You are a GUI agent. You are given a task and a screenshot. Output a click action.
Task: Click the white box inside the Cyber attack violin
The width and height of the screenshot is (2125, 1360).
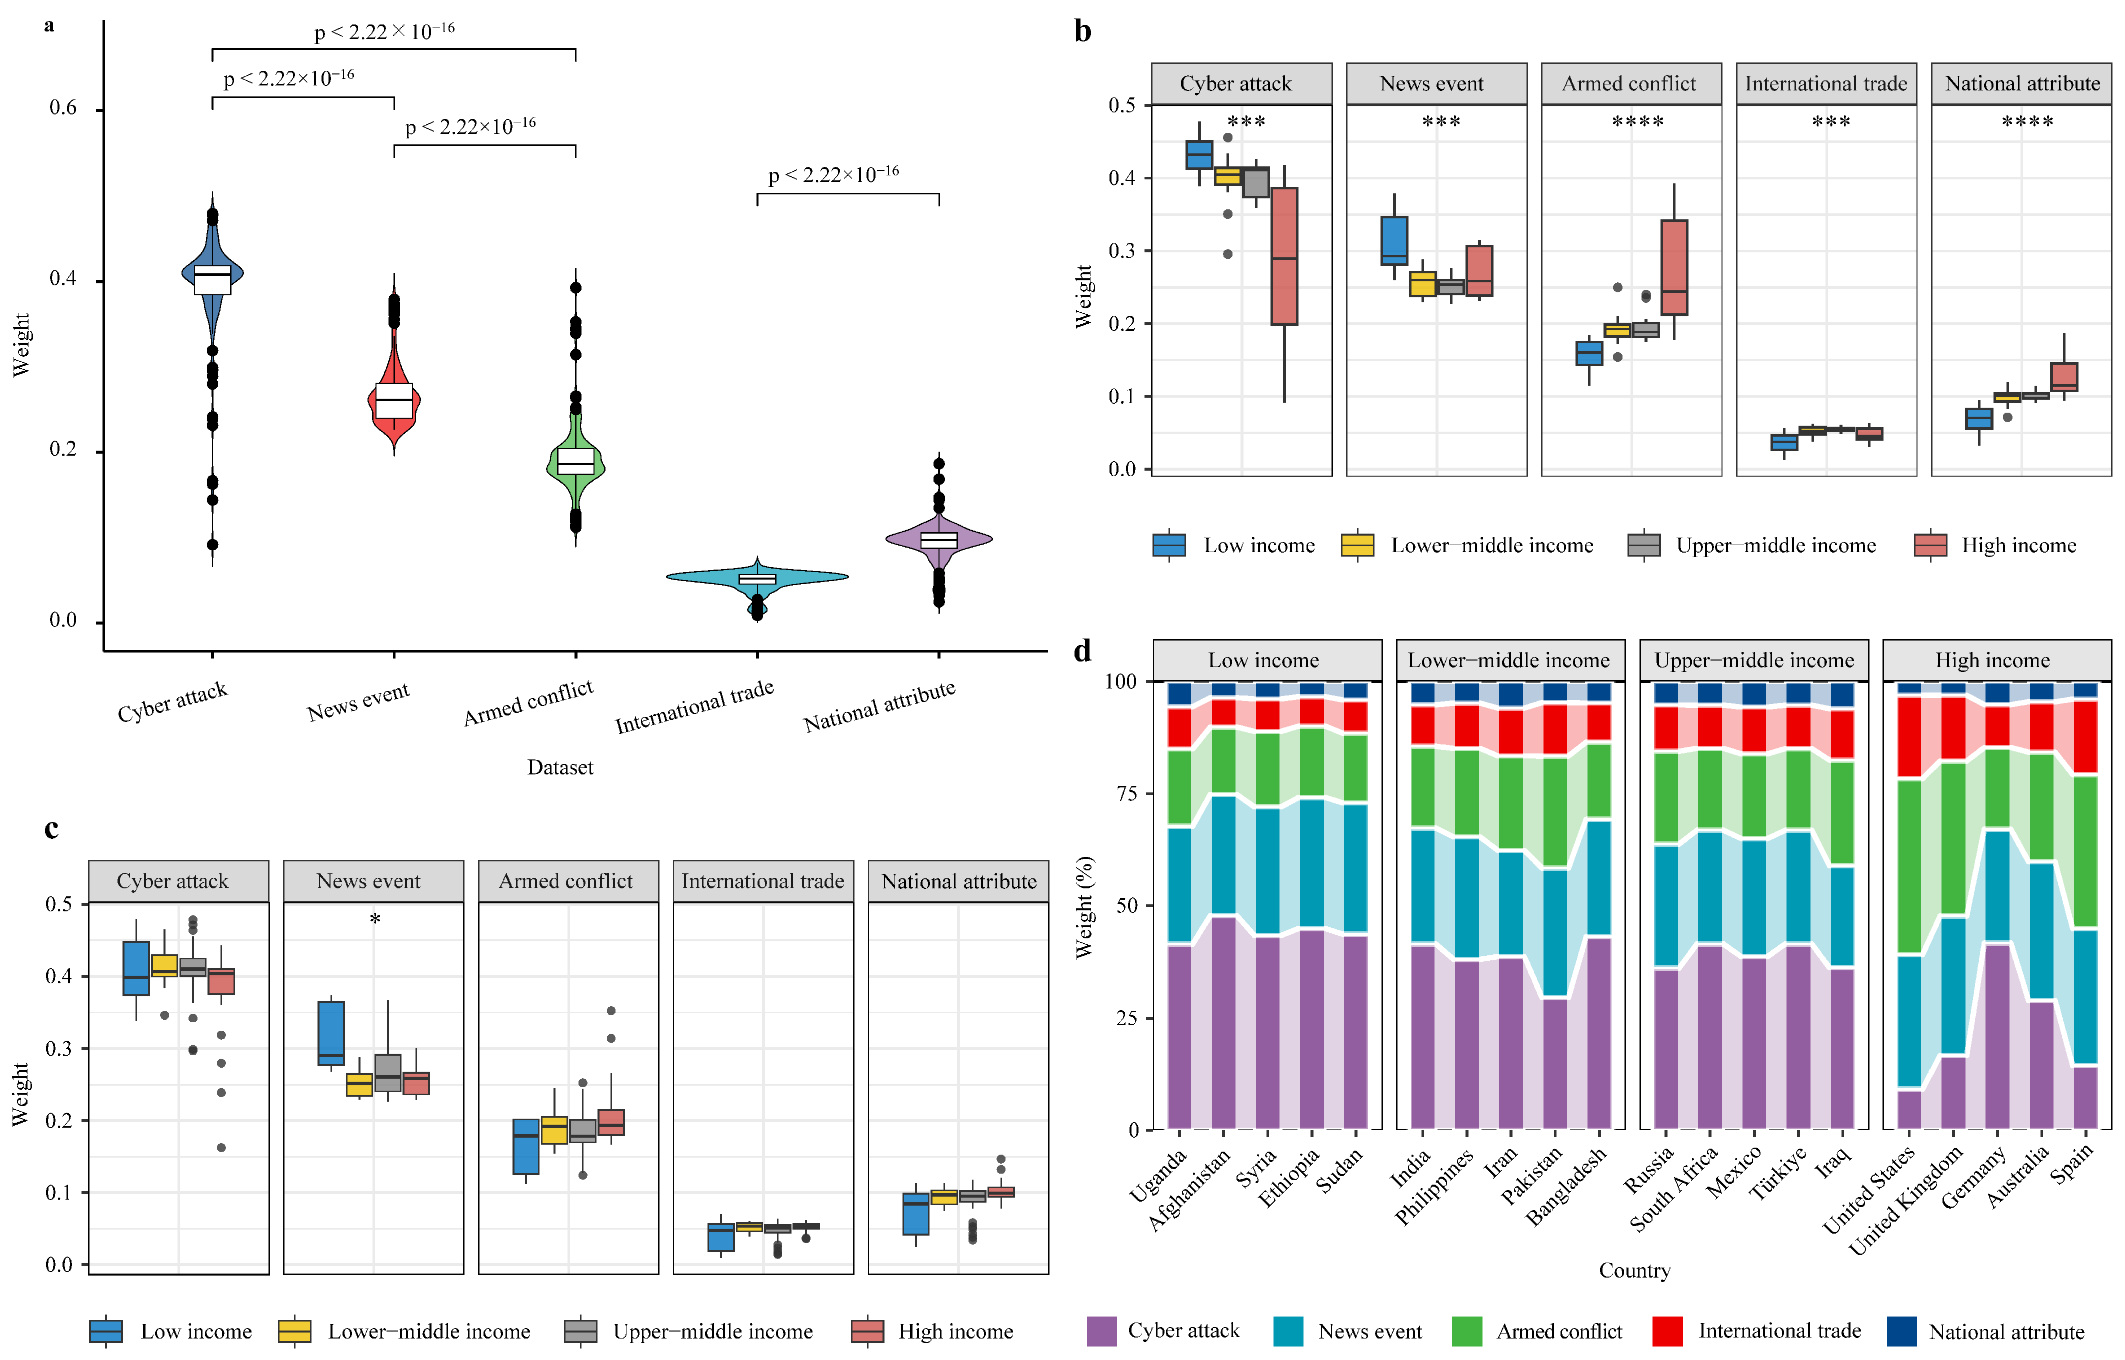(x=212, y=280)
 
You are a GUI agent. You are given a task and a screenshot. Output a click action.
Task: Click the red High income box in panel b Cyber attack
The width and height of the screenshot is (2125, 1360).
(x=1284, y=256)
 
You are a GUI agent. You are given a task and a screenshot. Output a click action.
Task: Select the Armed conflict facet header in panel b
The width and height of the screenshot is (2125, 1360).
(x=1630, y=84)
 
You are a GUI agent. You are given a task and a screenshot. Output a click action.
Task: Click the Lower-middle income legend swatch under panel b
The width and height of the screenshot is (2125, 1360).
(x=1357, y=545)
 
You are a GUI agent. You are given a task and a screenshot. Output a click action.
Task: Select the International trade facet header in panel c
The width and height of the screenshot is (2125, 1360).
(x=762, y=881)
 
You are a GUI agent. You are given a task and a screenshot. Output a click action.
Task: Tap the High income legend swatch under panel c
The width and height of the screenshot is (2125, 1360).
(x=867, y=1331)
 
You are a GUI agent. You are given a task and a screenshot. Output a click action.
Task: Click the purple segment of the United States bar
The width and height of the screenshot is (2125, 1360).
(x=1909, y=1109)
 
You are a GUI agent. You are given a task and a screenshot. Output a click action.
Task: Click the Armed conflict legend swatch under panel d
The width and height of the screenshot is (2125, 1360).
(x=1466, y=1331)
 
